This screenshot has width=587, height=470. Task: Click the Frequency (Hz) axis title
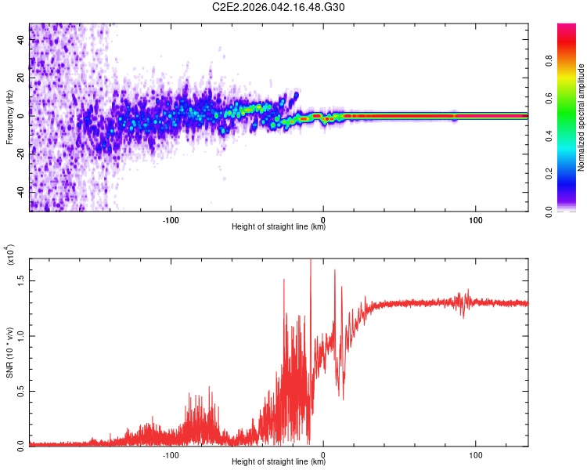(x=10, y=117)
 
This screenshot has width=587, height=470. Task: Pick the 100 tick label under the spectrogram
(x=475, y=219)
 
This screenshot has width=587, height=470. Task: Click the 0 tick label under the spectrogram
(x=323, y=219)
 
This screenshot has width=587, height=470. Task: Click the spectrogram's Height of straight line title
(x=279, y=228)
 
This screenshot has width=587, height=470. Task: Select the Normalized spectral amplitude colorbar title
(x=582, y=117)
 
